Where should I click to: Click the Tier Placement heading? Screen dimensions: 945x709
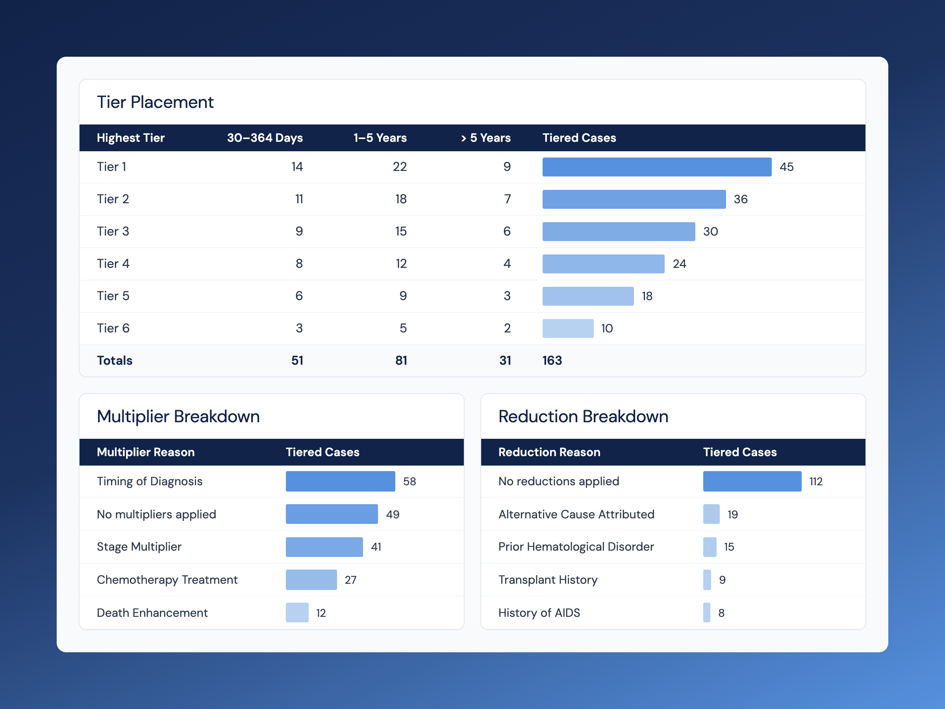[155, 102]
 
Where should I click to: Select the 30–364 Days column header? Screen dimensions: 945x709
[265, 137]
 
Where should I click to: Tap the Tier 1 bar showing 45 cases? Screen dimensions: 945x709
[657, 167]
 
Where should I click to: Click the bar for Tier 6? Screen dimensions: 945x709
[568, 328]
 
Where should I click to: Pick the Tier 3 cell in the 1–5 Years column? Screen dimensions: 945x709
[401, 231]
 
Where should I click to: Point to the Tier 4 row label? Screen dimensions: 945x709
[113, 264]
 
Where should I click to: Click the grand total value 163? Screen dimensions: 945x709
[552, 360]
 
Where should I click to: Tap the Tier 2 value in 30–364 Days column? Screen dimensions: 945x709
[299, 199]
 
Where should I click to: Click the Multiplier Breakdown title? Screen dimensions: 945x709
[178, 416]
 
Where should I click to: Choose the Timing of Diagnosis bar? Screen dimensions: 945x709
[341, 481]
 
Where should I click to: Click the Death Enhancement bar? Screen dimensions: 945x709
[297, 612]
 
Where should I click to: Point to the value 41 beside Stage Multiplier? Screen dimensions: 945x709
[376, 547]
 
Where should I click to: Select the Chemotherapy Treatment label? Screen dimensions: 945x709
[167, 579]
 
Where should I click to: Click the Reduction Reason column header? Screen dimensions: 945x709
[549, 452]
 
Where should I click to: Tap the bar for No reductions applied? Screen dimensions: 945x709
[752, 481]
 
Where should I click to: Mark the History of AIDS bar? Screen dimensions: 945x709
[707, 612]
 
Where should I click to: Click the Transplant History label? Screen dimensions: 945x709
[548, 579]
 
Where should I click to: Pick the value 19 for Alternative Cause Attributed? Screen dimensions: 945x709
[733, 514]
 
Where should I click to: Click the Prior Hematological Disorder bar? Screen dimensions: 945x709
[710, 547]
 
